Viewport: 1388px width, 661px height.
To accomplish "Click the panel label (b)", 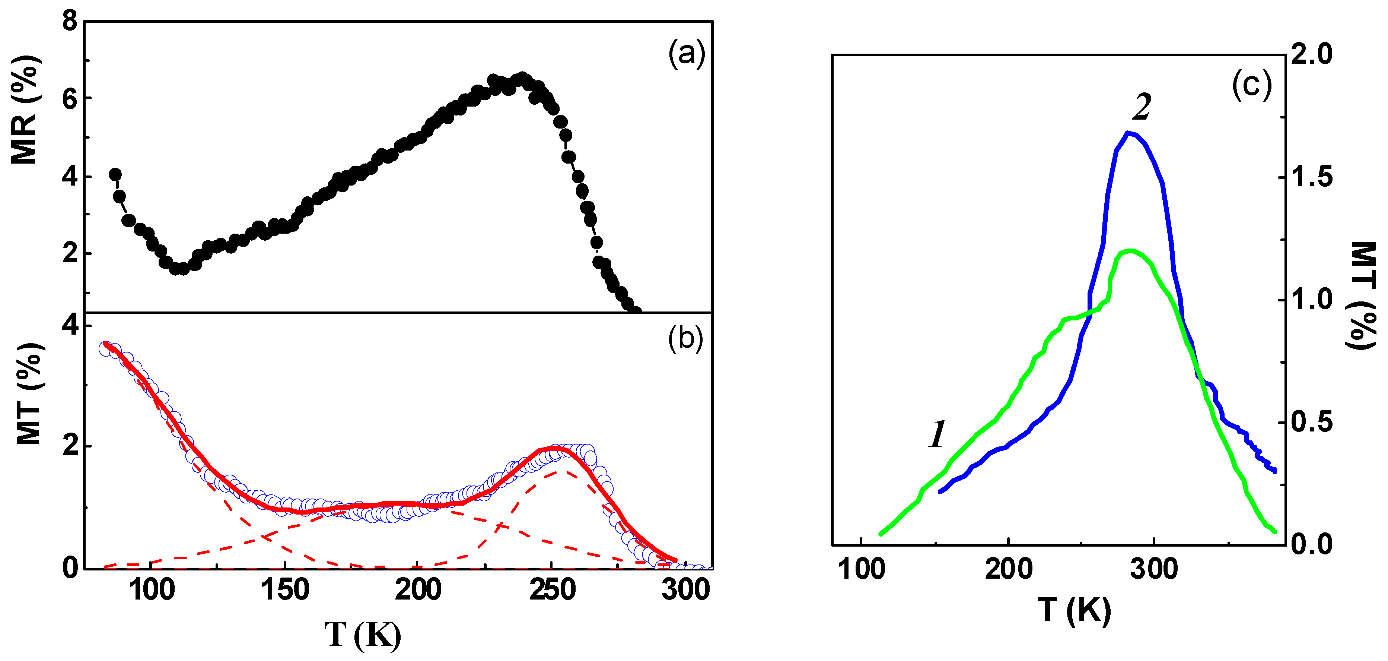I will coord(685,339).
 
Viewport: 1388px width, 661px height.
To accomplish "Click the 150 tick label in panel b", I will coord(285,589).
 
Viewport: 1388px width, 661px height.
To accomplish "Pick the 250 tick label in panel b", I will coord(552,589).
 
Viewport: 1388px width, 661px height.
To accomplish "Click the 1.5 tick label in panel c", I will coord(1311,177).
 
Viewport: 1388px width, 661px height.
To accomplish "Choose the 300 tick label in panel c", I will coord(1153,569).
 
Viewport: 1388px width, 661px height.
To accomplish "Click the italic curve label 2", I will coord(1141,107).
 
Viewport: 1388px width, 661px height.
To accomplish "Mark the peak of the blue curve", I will coord(1128,133).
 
